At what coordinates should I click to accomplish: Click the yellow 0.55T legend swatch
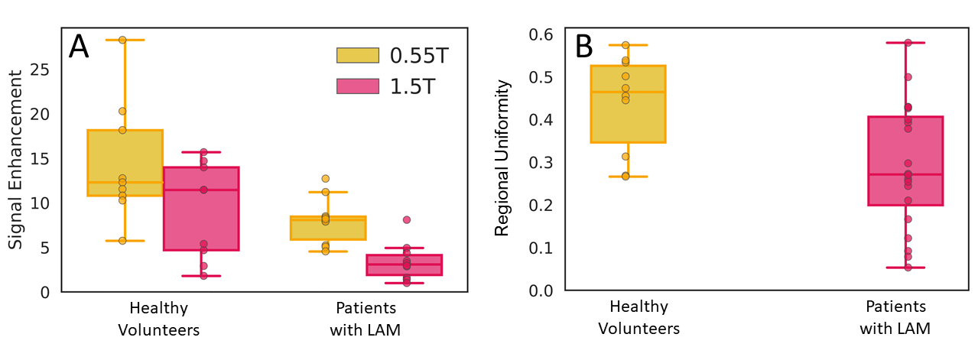(358, 55)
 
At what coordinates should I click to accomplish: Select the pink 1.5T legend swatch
(358, 86)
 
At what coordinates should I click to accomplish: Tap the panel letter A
(79, 47)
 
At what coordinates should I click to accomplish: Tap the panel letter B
(584, 47)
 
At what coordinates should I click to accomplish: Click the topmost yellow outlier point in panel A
(122, 40)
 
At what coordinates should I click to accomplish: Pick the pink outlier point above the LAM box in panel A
(407, 219)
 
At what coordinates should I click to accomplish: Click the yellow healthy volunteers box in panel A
(125, 162)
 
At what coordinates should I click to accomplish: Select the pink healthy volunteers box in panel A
(202, 209)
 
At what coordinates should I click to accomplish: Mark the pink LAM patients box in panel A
(405, 264)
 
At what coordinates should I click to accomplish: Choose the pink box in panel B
(905, 161)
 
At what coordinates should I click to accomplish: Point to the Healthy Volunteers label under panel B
(638, 318)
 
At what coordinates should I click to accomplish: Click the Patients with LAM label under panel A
(366, 319)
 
